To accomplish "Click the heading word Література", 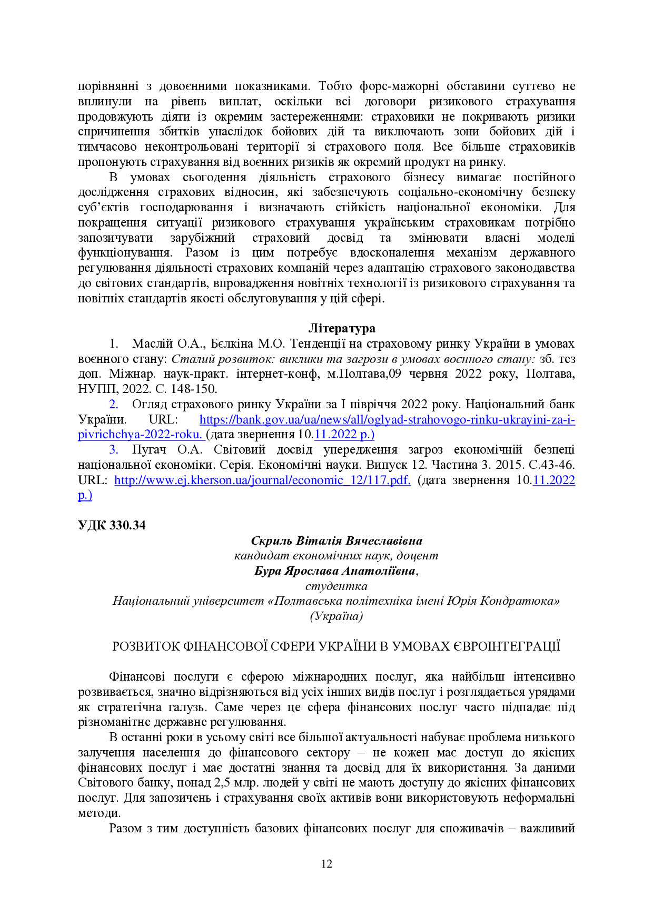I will (341, 328).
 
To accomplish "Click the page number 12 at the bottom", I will (326, 863).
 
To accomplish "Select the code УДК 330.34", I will (112, 525).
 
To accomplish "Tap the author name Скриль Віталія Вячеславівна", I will (337, 540).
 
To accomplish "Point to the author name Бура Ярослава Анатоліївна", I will (335, 571).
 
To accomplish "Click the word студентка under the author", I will (337, 586).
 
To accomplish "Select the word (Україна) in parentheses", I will (337, 616).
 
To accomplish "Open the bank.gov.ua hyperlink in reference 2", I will (387, 420).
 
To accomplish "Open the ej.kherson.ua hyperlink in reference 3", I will (262, 480).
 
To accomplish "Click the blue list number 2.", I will (113, 405).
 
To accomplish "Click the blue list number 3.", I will (113, 450).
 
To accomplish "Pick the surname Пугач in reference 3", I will (149, 450).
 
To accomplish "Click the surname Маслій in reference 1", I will (152, 344).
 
